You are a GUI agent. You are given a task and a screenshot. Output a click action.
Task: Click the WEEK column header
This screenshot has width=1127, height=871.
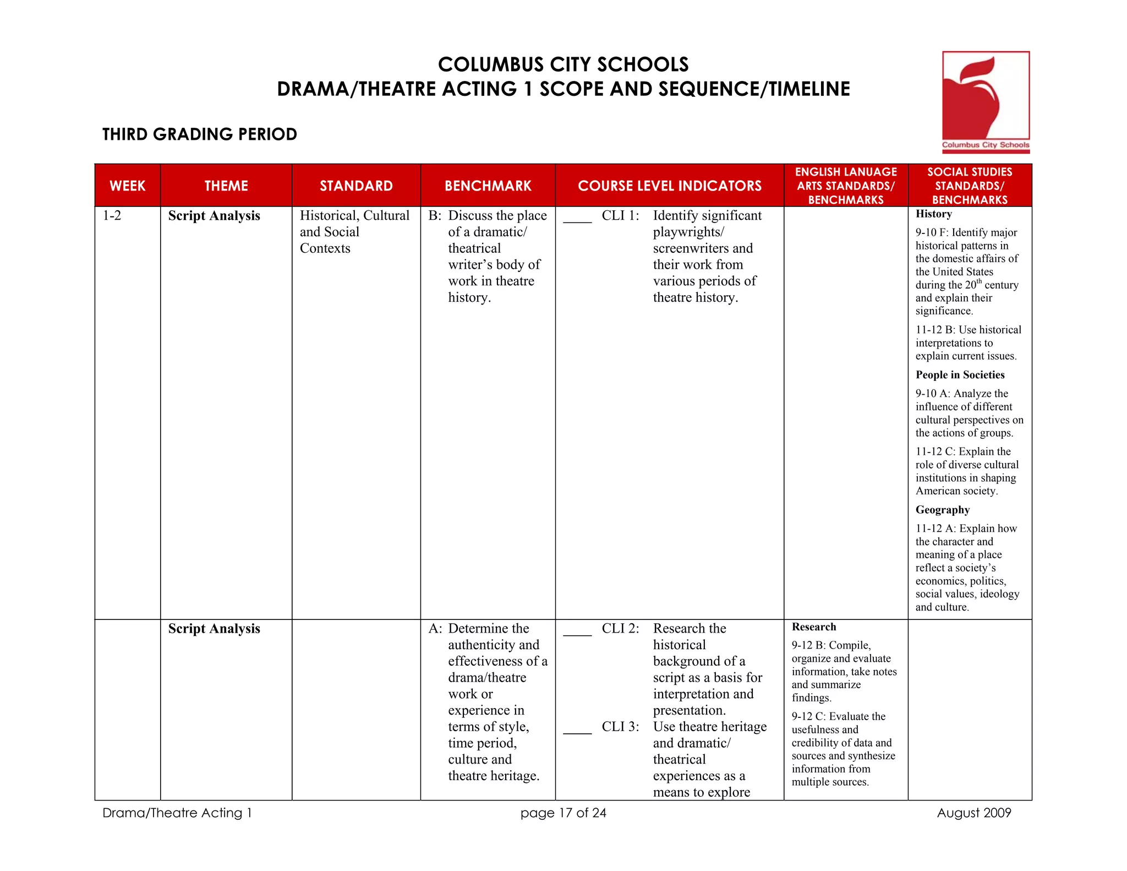tap(128, 186)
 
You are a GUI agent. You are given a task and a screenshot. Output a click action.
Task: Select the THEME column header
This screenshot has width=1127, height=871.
tap(226, 186)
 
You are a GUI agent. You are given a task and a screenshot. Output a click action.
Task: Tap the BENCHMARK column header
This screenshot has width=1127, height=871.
tap(488, 186)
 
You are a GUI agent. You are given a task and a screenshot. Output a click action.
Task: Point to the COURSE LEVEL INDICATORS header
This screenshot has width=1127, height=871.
tap(669, 186)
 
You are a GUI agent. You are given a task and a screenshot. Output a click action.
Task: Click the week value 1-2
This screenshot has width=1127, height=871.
tap(112, 216)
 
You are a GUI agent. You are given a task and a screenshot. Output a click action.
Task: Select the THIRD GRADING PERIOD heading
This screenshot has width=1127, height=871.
tap(199, 134)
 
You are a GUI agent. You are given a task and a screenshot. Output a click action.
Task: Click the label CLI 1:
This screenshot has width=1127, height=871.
tap(620, 216)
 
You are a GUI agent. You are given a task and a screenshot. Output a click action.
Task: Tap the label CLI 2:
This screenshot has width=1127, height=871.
tap(620, 629)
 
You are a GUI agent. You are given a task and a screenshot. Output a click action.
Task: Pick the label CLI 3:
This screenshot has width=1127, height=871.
tap(620, 727)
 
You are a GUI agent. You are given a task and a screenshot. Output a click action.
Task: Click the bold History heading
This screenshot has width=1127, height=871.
tap(933, 214)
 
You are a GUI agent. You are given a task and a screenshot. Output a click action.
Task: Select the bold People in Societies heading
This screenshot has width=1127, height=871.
tap(960, 375)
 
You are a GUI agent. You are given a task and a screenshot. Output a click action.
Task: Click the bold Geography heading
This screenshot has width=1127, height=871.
tap(942, 510)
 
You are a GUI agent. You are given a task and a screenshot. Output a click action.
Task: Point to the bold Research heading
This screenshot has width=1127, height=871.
tap(813, 627)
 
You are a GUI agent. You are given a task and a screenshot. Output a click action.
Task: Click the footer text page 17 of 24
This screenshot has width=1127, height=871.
tap(563, 813)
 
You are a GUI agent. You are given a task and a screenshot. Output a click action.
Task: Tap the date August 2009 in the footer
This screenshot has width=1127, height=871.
tap(973, 813)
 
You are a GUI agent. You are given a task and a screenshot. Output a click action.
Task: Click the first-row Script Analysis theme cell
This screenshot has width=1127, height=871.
tap(214, 216)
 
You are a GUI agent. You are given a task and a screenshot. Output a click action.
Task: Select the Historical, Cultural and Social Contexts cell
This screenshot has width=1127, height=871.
tap(354, 232)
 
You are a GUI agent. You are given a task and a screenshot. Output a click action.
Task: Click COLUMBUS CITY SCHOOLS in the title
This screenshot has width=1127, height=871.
tap(563, 65)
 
